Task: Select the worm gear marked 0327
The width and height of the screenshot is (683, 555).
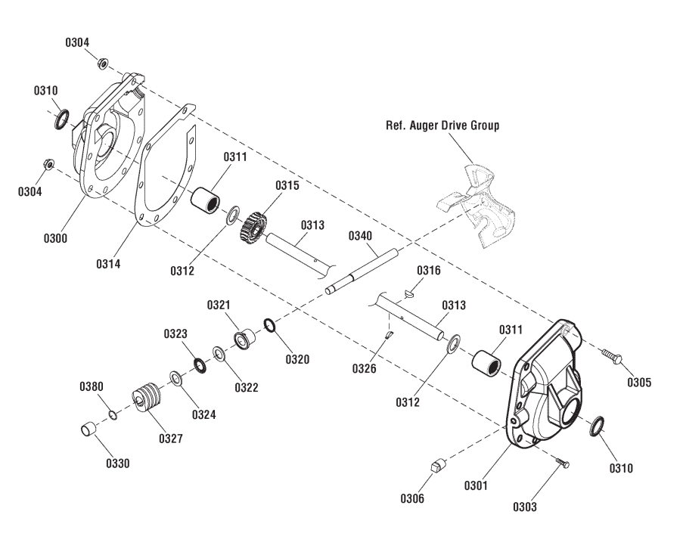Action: pyautogui.click(x=147, y=399)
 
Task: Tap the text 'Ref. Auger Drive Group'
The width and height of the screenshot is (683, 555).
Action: pyautogui.click(x=442, y=126)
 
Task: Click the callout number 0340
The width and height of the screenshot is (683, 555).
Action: pyautogui.click(x=361, y=236)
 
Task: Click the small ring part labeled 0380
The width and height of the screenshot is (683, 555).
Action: pyautogui.click(x=112, y=414)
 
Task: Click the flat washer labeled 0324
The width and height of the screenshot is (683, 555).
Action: pyautogui.click(x=175, y=377)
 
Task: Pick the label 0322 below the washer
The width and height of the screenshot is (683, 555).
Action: pyautogui.click(x=246, y=387)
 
